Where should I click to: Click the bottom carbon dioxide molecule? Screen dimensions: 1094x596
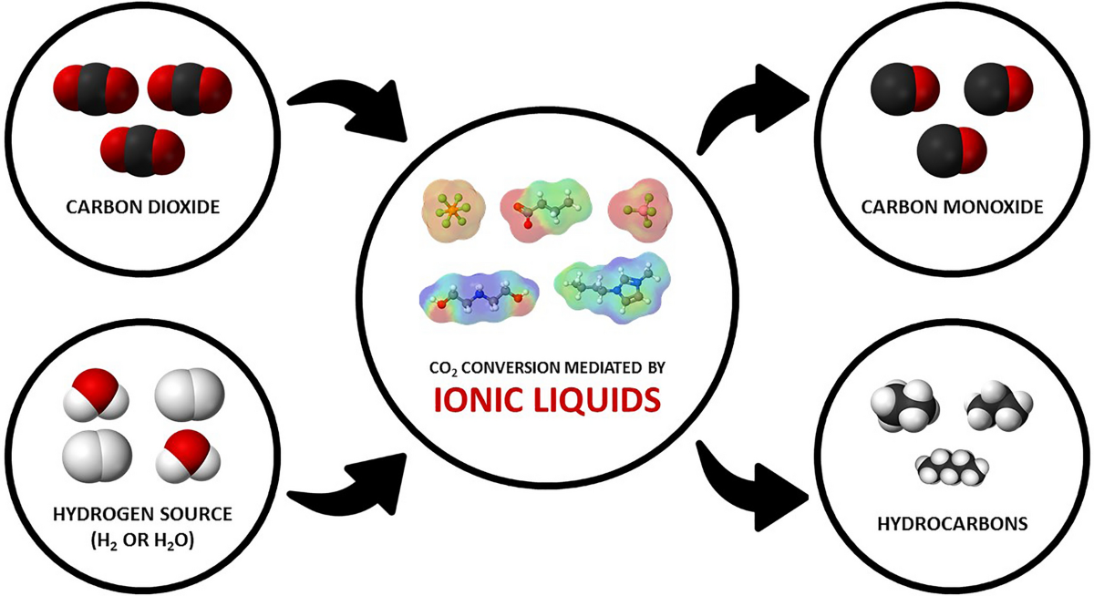pyautogui.click(x=142, y=150)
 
